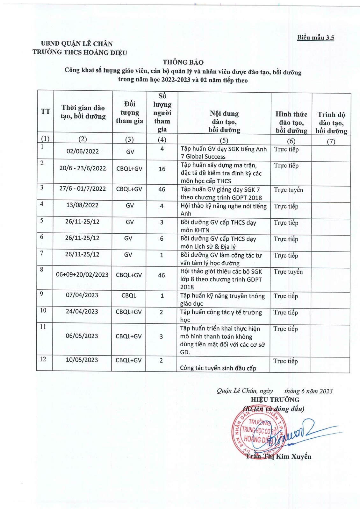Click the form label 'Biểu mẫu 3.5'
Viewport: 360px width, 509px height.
pyautogui.click(x=315, y=38)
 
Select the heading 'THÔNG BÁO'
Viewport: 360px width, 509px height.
pyautogui.click(x=183, y=62)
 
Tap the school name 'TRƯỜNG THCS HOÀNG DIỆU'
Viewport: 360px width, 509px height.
pyautogui.click(x=80, y=52)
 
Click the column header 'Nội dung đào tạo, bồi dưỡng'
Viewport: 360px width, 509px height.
pyautogui.click(x=224, y=122)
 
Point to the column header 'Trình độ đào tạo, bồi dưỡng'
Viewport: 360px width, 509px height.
pyautogui.click(x=331, y=123)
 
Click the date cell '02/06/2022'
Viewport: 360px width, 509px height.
pyautogui.click(x=83, y=151)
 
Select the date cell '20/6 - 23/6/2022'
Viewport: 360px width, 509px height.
pyautogui.click(x=83, y=168)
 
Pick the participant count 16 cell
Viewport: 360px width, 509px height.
pyautogui.click(x=162, y=169)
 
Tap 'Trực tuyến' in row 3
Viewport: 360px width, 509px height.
pyautogui.click(x=288, y=190)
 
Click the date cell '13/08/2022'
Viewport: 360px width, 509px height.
pyautogui.click(x=82, y=205)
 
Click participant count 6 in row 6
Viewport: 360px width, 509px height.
pyautogui.click(x=162, y=238)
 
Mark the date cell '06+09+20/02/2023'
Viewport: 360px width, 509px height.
pyautogui.click(x=82, y=274)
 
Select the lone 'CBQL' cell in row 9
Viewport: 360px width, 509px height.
pyautogui.click(x=129, y=295)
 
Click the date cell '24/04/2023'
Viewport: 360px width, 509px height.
pyautogui.click(x=82, y=311)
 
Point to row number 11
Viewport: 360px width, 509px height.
pyautogui.click(x=43, y=327)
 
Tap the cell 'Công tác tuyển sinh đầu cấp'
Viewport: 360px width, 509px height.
pyautogui.click(x=218, y=368)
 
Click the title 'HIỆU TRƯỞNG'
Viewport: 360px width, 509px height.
pyautogui.click(x=275, y=399)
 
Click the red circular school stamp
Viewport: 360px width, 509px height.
pyautogui.click(x=260, y=433)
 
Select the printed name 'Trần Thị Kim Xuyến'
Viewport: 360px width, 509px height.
pyautogui.click(x=278, y=456)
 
